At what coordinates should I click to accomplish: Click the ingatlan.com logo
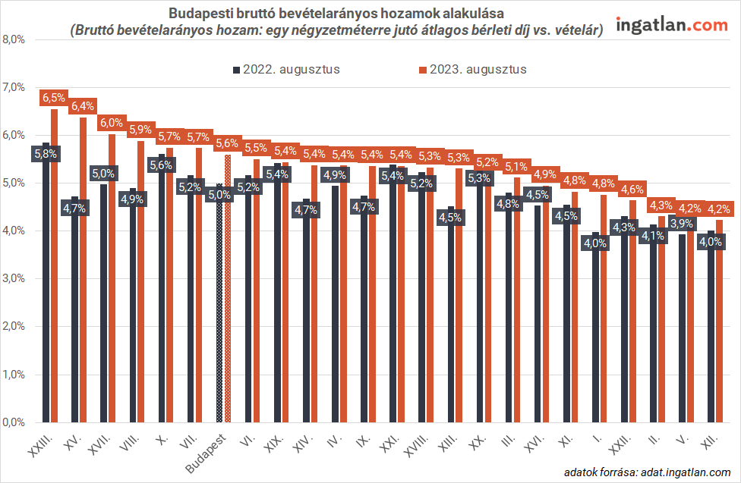671,26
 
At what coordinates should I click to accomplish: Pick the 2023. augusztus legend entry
472,69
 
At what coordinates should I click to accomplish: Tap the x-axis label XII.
711,443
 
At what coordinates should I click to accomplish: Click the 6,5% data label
54,98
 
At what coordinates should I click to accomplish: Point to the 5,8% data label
45,153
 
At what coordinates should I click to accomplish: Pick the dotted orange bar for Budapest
228,288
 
